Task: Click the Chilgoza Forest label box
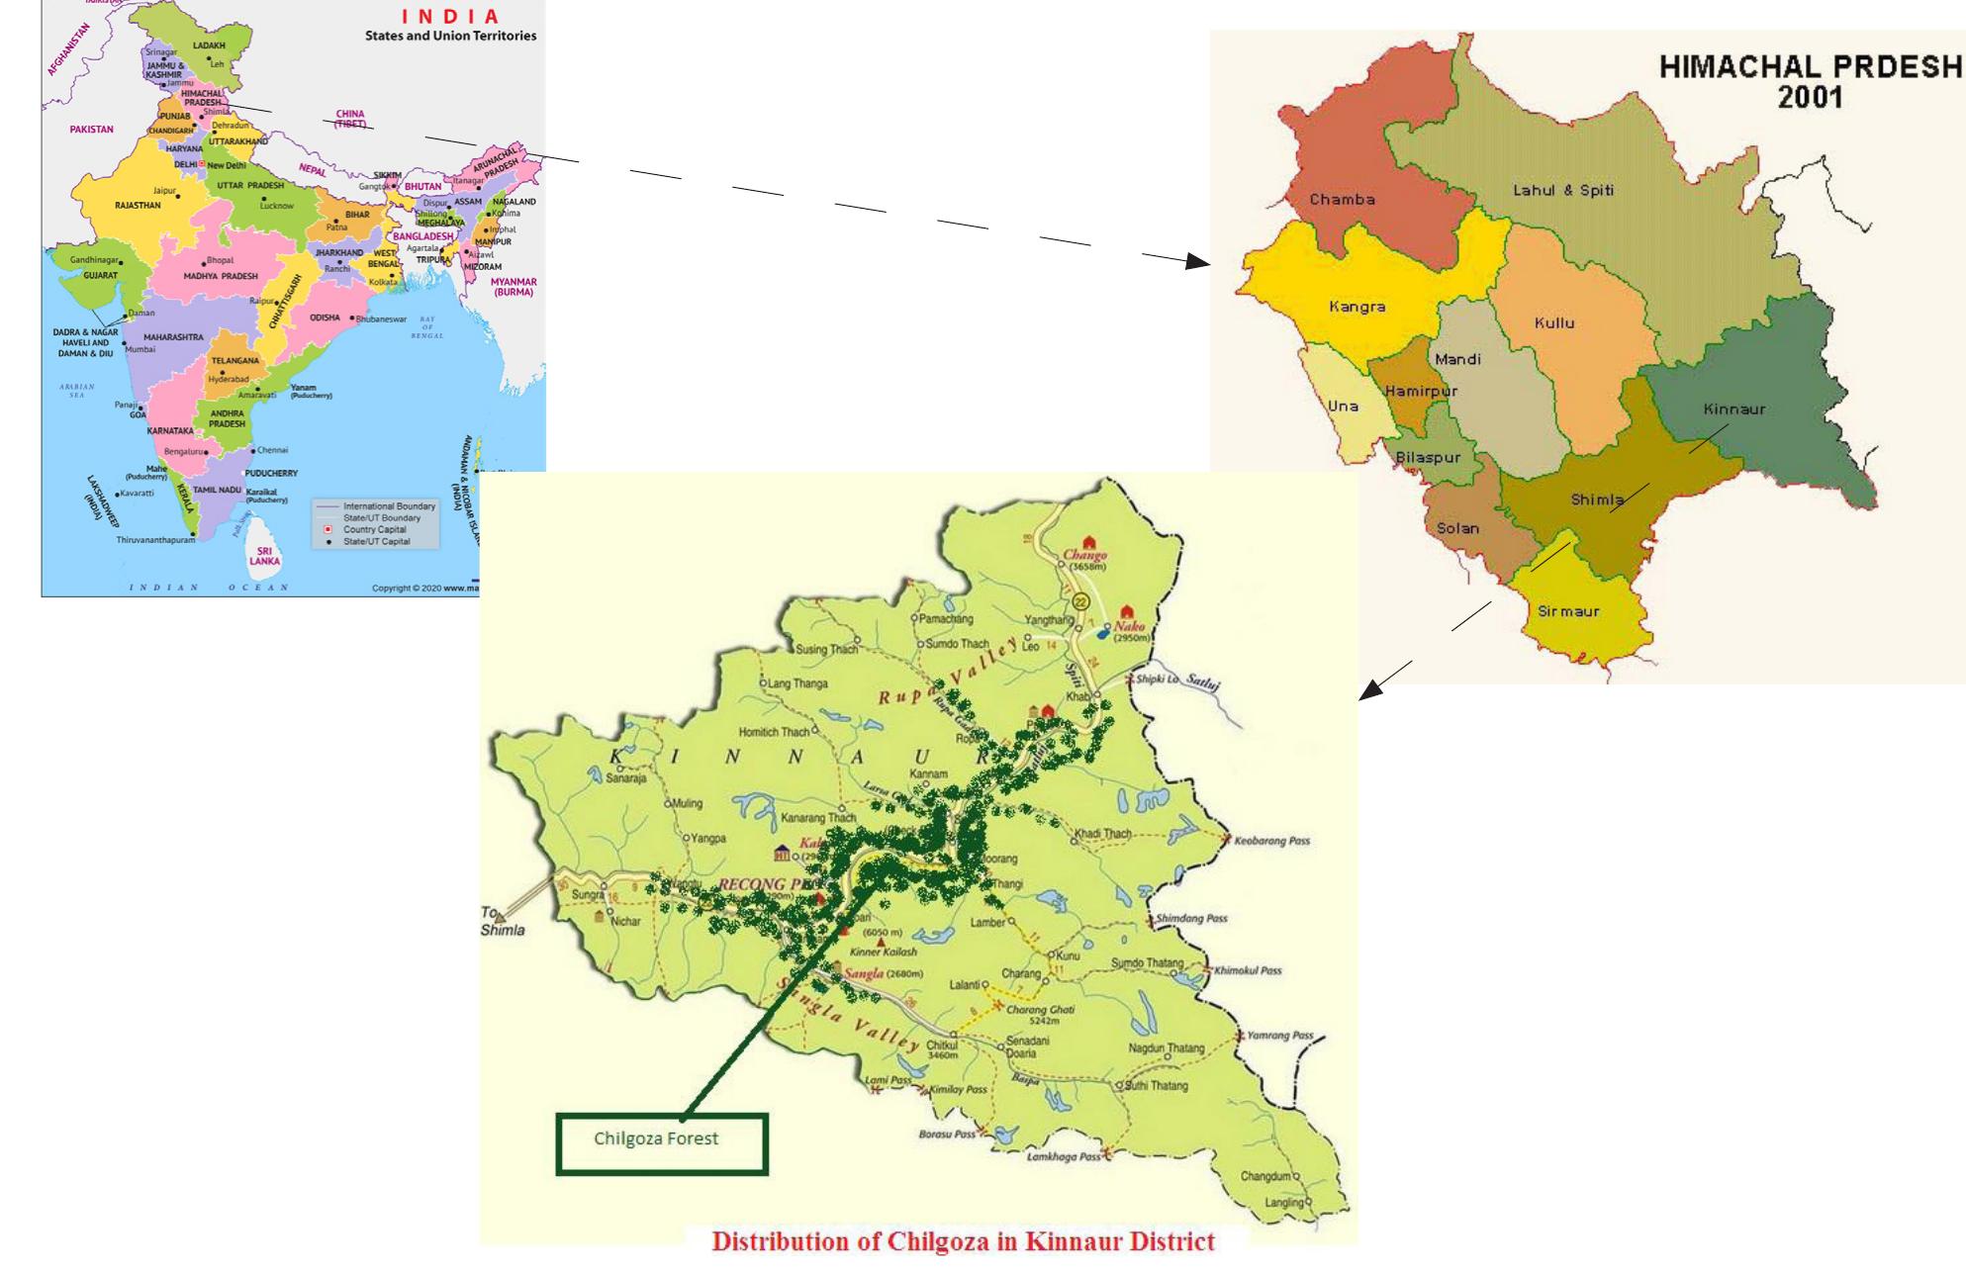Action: [661, 1144]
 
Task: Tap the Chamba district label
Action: [1342, 200]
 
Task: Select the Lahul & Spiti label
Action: [1562, 190]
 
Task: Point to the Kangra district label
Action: [1357, 307]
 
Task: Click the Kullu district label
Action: [1553, 323]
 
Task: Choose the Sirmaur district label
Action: [1568, 611]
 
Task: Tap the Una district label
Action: [1343, 406]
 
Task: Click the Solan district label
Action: [1457, 528]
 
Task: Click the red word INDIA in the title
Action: [450, 17]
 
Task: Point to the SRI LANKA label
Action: [264, 556]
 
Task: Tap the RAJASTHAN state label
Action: [138, 206]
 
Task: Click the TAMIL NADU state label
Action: [217, 490]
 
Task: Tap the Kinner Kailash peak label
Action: [884, 952]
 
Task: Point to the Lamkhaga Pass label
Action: [1063, 1156]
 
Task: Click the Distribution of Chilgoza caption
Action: [963, 1242]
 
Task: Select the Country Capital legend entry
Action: [375, 529]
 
